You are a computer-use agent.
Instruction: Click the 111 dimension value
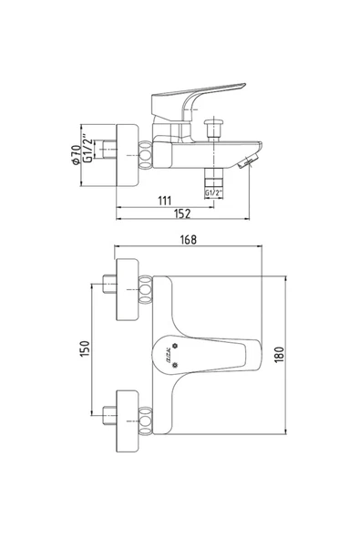(x=165, y=201)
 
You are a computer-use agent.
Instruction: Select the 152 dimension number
(x=182, y=213)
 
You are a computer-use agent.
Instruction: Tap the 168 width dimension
(x=189, y=239)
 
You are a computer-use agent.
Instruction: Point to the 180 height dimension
(x=279, y=354)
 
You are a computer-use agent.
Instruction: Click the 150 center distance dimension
(x=85, y=348)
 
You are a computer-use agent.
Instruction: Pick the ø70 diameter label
(x=76, y=155)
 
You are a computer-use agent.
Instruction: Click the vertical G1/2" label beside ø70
(x=88, y=151)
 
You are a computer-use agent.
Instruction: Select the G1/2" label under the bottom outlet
(x=214, y=192)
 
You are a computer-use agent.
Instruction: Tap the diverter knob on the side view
(x=214, y=130)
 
